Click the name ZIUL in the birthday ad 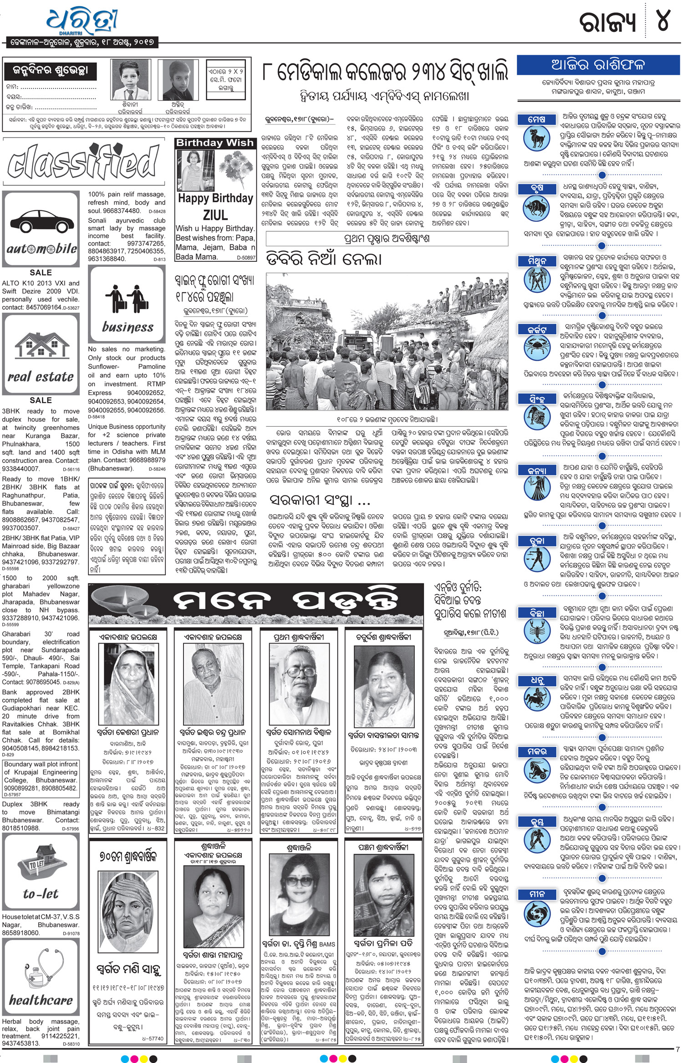(x=215, y=215)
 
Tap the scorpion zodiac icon (x=537, y=631)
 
